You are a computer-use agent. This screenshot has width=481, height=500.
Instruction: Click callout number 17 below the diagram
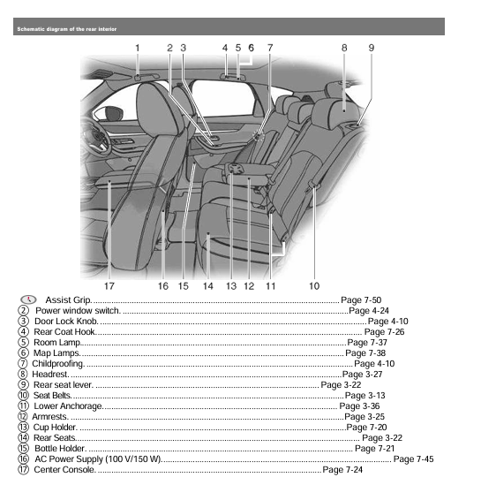109,286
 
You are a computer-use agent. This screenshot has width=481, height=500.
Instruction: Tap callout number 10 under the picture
314,286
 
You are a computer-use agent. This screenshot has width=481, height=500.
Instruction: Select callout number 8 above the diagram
344,46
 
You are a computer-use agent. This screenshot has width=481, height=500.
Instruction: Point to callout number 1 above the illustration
138,46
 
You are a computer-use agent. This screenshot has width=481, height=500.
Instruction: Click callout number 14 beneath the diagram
208,286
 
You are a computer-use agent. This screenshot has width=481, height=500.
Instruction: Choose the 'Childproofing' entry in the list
58,363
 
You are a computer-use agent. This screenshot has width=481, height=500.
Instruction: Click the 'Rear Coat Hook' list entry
65,332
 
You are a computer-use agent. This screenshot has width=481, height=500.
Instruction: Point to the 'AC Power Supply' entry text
97,459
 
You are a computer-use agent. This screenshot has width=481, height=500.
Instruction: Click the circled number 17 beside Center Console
23,470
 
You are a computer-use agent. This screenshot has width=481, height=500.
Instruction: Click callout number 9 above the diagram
372,46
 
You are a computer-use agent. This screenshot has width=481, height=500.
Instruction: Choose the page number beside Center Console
342,470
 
